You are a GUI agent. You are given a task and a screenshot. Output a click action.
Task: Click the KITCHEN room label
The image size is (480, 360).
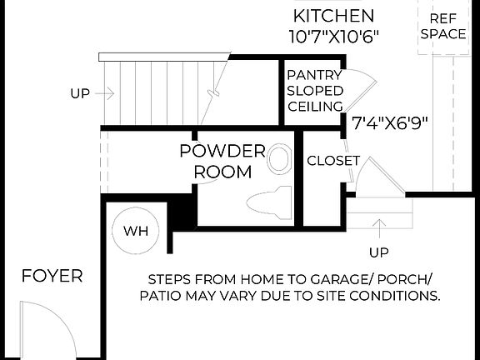pyautogui.click(x=333, y=16)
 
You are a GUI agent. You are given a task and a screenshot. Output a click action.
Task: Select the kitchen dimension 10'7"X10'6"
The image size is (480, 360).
pyautogui.click(x=333, y=36)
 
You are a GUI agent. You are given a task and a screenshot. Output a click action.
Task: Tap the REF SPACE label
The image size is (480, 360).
pyautogui.click(x=442, y=26)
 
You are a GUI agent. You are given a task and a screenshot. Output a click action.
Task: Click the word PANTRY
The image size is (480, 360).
pyautogui.click(x=315, y=74)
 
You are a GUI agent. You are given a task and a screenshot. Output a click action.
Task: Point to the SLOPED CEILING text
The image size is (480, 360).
pyautogui.click(x=315, y=97)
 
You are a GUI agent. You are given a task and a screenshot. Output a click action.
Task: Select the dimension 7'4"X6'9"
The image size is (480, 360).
pyautogui.click(x=390, y=123)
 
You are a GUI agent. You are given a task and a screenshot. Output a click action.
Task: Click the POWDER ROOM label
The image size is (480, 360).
pyautogui.click(x=222, y=162)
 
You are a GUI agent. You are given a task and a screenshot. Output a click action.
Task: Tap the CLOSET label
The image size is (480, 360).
pyautogui.click(x=332, y=160)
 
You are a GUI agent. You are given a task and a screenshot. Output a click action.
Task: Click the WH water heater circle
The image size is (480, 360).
pyautogui.click(x=136, y=231)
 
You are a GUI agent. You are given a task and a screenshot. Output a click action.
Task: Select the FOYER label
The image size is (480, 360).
pyautogui.click(x=52, y=276)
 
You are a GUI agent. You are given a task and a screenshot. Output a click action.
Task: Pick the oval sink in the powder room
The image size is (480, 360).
pyautogui.click(x=280, y=159)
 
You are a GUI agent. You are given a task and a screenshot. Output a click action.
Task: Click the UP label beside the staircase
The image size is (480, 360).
pyautogui.click(x=80, y=94)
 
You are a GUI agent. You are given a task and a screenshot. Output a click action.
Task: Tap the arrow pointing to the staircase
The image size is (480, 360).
pyautogui.click(x=107, y=94)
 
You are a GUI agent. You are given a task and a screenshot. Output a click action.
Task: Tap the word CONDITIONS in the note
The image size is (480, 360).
pyautogui.click(x=397, y=296)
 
